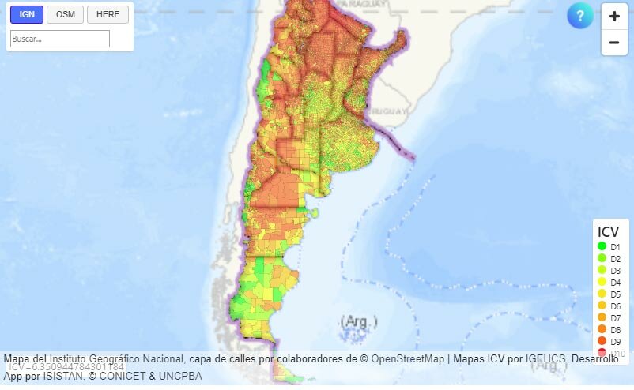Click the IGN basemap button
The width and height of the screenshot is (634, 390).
pyautogui.click(x=27, y=14)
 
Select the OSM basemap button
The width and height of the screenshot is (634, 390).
pyautogui.click(x=65, y=14)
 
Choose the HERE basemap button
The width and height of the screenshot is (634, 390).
pyautogui.click(x=108, y=14)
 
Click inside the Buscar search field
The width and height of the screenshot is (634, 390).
pyautogui.click(x=60, y=39)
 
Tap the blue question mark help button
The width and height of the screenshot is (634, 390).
pyautogui.click(x=580, y=16)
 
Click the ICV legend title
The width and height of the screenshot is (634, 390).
pyautogui.click(x=608, y=232)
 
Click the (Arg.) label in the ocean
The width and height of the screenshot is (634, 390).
pyautogui.click(x=359, y=322)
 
